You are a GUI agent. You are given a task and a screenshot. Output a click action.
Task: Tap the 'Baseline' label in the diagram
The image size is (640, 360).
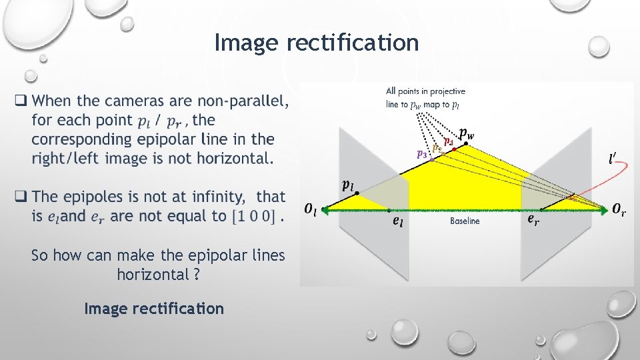coord(465,221)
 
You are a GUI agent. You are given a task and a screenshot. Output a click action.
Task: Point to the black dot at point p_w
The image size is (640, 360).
coord(466,144)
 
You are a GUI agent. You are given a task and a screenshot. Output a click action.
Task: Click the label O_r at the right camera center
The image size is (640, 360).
coord(619,210)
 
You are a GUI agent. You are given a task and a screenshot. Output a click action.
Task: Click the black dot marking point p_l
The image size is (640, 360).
coord(357,193)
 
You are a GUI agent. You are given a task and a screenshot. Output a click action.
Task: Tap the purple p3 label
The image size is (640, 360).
coord(421,153)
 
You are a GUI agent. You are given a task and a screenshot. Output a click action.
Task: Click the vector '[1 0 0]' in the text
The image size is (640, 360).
coord(255,216)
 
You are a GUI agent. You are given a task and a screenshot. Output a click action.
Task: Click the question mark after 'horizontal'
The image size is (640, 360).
coord(196,275)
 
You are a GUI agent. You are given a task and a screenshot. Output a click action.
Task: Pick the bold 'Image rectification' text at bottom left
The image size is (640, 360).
coord(154,309)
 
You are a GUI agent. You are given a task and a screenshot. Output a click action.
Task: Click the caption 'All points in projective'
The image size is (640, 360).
coord(425,91)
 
